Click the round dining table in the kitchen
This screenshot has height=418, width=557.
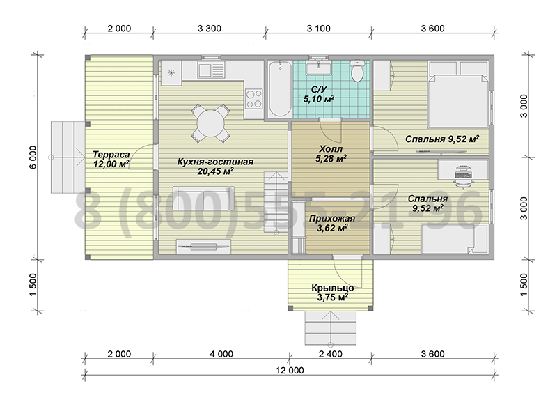pos(211,123)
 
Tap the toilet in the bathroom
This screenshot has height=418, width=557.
pos(357,70)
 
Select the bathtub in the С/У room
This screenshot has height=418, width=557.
pos(280,89)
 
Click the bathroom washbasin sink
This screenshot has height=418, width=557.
pos(319,67)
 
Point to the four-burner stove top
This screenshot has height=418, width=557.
pos(254,98)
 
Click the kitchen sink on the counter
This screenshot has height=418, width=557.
pos(212,69)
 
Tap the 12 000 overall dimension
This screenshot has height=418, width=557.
pos(290,371)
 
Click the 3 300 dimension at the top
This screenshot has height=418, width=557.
pos(210,29)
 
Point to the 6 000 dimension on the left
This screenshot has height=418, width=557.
pos(33,157)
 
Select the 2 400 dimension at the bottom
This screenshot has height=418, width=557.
pos(331,354)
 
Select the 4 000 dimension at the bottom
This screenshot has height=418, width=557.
pos(221,354)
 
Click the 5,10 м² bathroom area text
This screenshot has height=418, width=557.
pos(319,99)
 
